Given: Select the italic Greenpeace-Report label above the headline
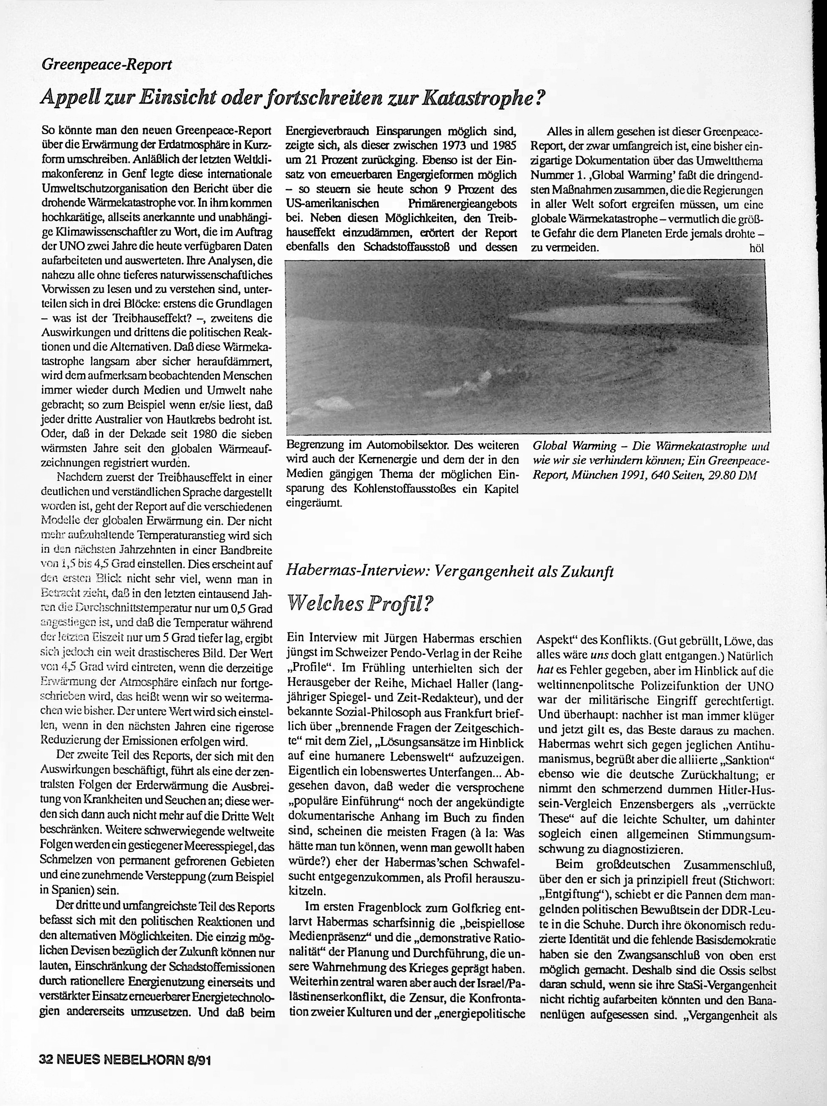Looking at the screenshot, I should [107, 65].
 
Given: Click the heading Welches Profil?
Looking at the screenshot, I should [359, 605].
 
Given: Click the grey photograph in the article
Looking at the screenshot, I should [526, 347].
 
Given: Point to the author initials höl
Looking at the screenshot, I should [756, 249].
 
